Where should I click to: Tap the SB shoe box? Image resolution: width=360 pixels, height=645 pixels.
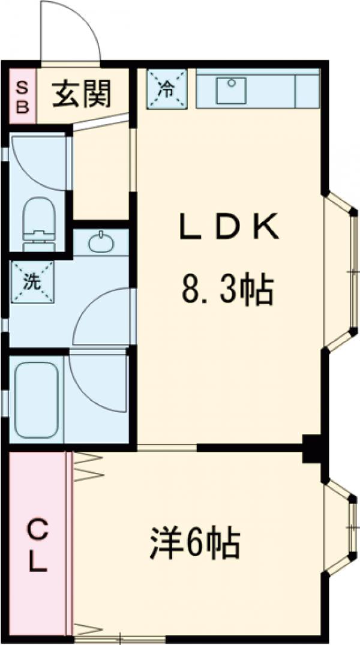point(21,96)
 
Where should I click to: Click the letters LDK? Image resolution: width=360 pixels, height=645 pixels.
point(229,227)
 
